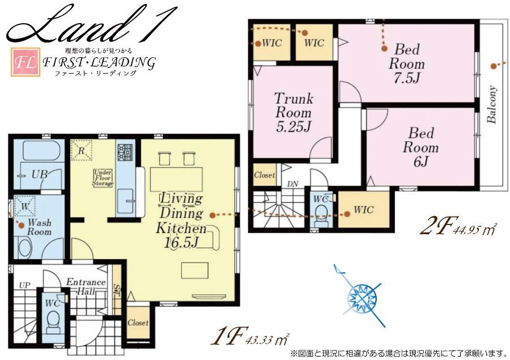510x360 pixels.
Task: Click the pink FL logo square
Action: (x=25, y=62)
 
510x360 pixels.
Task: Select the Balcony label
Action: (x=492, y=104)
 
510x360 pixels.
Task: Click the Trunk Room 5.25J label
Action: (x=294, y=112)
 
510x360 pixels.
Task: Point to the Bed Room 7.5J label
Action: (x=406, y=63)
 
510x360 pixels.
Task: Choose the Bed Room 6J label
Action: (x=420, y=147)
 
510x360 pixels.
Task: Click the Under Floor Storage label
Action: (x=103, y=177)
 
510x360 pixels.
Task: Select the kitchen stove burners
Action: (x=125, y=153)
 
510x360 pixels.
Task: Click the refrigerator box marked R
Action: (x=81, y=150)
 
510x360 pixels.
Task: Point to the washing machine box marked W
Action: (x=25, y=206)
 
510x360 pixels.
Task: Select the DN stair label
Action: (x=292, y=184)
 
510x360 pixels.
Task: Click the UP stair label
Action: (x=25, y=286)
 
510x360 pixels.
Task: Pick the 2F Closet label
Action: (x=265, y=175)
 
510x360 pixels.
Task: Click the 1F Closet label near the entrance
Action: (x=138, y=323)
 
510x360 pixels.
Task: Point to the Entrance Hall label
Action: (x=86, y=286)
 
